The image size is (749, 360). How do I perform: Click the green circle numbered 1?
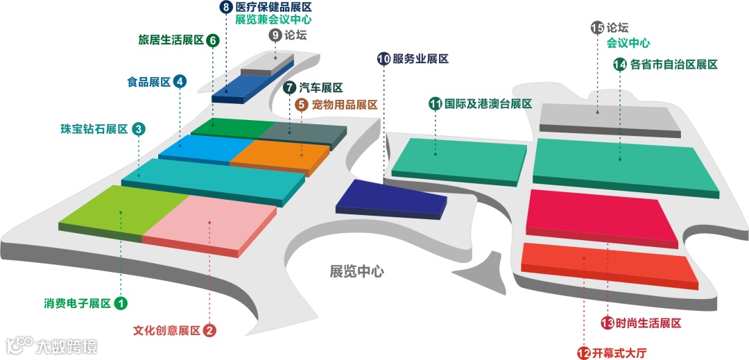[x=121, y=303]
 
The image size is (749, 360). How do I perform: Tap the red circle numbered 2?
[x=209, y=330]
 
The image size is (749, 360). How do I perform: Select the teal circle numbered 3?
[x=139, y=129]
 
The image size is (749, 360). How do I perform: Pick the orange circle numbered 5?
[x=301, y=105]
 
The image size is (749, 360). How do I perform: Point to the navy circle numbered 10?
[x=384, y=59]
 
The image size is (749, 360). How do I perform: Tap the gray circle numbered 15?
[x=597, y=28]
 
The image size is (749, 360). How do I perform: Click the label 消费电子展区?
[x=77, y=303]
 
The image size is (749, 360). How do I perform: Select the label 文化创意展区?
[x=166, y=330]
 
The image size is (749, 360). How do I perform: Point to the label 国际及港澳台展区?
[x=488, y=104]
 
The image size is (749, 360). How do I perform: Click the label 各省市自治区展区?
[x=673, y=65]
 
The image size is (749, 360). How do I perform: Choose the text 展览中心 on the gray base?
[x=356, y=271]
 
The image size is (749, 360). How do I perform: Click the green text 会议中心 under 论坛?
[x=628, y=43]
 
